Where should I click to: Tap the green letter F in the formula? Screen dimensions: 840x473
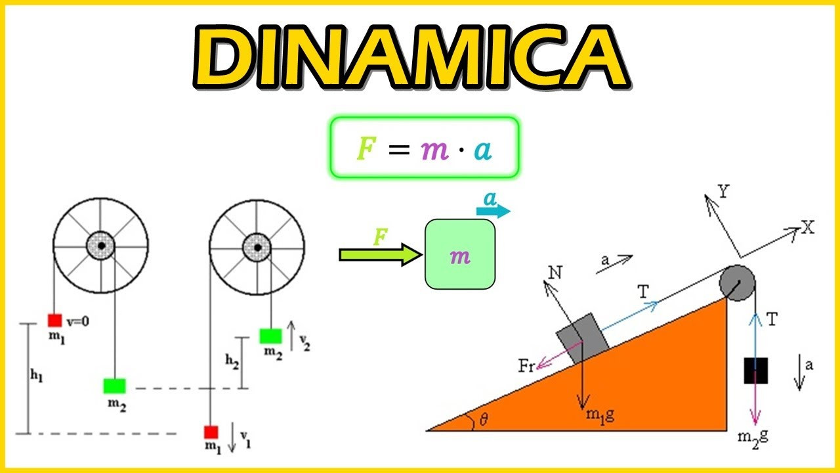point(366,148)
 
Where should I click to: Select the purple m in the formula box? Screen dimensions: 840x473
point(434,150)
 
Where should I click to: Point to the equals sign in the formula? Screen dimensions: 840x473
point(399,150)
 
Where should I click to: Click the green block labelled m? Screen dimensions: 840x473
point(460,254)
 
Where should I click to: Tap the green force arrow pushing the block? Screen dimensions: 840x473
point(381,255)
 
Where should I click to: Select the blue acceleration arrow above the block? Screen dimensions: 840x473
point(493,211)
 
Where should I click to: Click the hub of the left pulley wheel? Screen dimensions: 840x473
point(101,246)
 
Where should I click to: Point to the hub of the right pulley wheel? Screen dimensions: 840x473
point(257,248)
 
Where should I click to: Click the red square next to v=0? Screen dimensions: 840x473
point(54,321)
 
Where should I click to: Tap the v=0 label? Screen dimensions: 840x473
point(77,322)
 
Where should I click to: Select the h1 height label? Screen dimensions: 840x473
point(37,375)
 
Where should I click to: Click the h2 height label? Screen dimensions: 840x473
point(232,361)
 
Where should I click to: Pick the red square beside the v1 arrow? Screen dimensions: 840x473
point(211,432)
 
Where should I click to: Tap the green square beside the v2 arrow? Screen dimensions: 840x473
point(271,336)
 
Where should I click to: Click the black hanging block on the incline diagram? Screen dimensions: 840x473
point(755,371)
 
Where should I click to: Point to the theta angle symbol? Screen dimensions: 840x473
point(484,419)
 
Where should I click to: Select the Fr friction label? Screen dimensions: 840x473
point(526,366)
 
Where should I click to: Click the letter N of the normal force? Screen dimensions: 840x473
point(555,273)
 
